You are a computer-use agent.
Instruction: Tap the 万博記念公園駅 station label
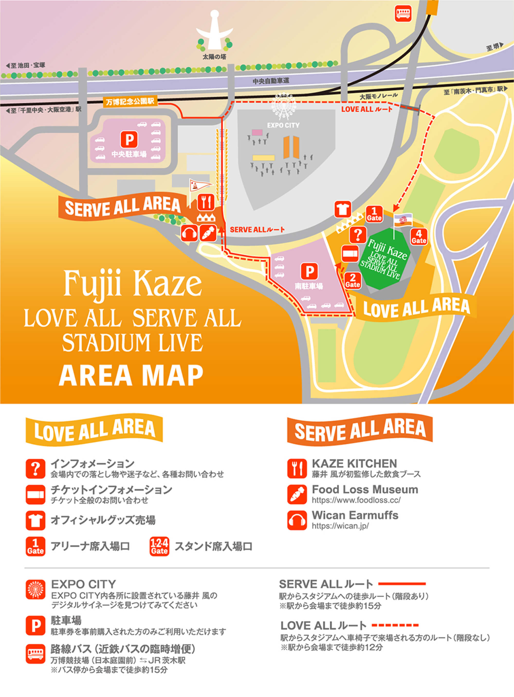click(x=130, y=102)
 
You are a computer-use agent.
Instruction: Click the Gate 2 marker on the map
click(x=353, y=280)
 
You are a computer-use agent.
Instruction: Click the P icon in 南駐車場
click(x=309, y=271)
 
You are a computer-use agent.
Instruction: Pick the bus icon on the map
click(x=403, y=14)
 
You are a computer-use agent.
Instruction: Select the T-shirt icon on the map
click(x=343, y=209)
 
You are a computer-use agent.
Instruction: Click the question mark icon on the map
click(x=358, y=235)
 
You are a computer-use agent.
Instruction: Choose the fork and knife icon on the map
click(x=206, y=202)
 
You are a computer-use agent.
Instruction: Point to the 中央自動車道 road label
click(x=271, y=81)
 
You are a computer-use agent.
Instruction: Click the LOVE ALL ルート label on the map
click(x=367, y=109)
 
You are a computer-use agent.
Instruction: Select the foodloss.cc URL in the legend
click(x=356, y=500)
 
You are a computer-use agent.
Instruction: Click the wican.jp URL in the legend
click(x=340, y=526)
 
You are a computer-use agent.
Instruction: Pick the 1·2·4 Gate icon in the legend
click(x=159, y=546)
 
